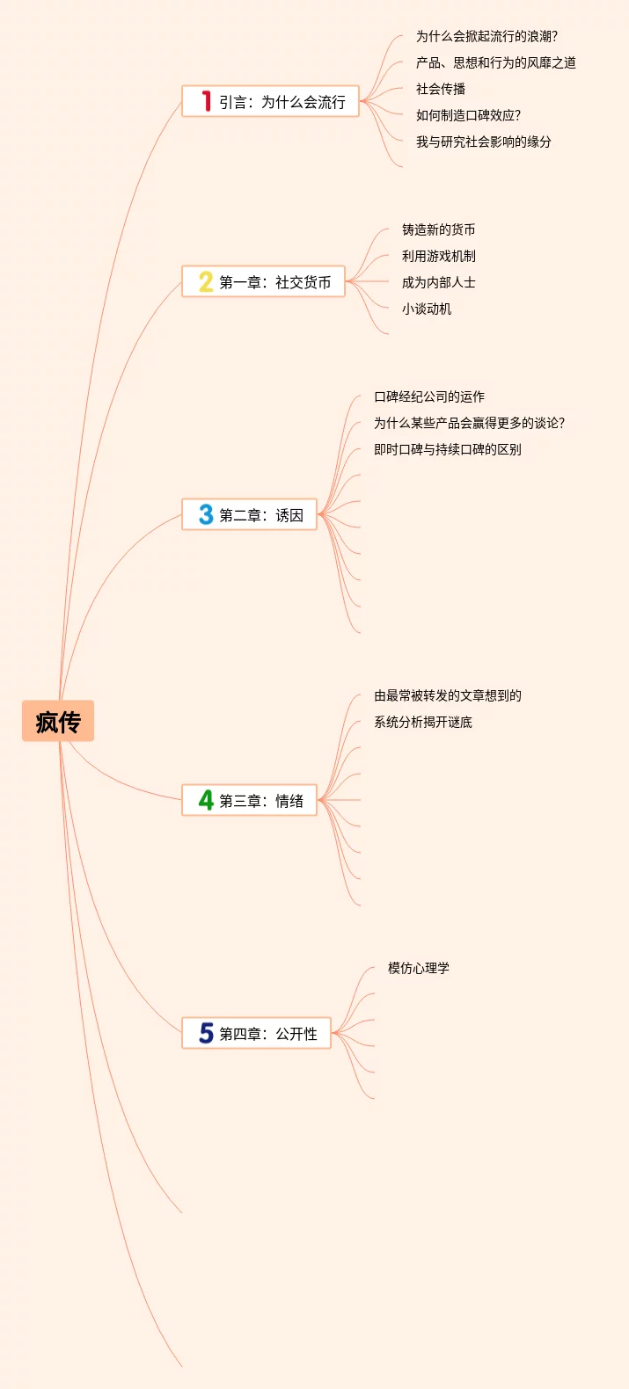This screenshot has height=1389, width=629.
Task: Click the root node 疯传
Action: pyautogui.click(x=58, y=722)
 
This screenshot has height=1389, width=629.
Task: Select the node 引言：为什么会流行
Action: pyautogui.click(x=282, y=102)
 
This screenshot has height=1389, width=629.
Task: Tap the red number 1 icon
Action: pyautogui.click(x=206, y=101)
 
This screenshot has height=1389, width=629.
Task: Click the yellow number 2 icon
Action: pyautogui.click(x=206, y=281)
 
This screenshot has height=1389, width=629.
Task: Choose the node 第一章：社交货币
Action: pyautogui.click(x=274, y=282)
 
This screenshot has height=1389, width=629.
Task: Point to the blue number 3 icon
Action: pyautogui.click(x=206, y=514)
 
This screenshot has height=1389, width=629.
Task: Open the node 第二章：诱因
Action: pyautogui.click(x=260, y=515)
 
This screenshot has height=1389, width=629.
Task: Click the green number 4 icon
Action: pyautogui.click(x=206, y=800)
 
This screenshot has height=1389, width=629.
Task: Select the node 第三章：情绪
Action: pyautogui.click(x=260, y=801)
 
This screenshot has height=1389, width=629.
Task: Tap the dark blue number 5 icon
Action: pyautogui.click(x=206, y=1033)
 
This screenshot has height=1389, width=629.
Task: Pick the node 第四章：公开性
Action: pyautogui.click(x=267, y=1034)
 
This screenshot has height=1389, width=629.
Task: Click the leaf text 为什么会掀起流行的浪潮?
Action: pyautogui.click(x=486, y=36)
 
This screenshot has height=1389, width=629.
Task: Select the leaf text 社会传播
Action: pyautogui.click(x=441, y=89)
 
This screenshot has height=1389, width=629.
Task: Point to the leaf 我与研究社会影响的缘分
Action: pyautogui.click(x=483, y=142)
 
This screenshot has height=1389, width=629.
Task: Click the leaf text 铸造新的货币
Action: pyautogui.click(x=438, y=229)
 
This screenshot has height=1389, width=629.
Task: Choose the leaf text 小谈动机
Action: pyautogui.click(x=427, y=309)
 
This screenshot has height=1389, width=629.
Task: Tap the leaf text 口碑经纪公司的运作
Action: pyautogui.click(x=429, y=396)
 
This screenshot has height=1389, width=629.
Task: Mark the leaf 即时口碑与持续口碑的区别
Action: pyautogui.click(x=447, y=449)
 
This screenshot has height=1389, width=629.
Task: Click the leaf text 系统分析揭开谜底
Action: pyautogui.click(x=423, y=722)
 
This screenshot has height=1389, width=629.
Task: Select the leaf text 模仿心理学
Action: pyautogui.click(x=419, y=968)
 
